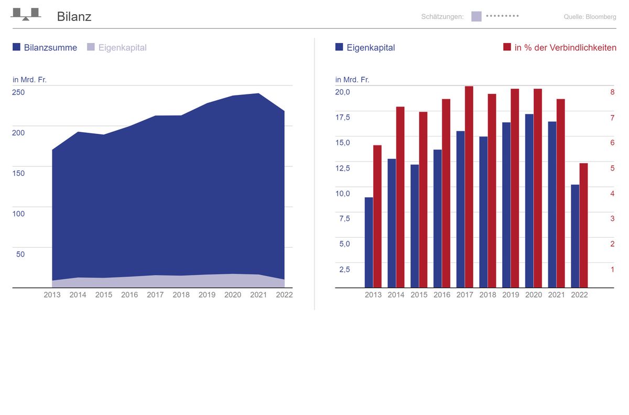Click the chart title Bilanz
click(74, 17)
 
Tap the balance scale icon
click(26, 14)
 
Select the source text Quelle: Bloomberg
click(590, 17)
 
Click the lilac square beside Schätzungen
click(476, 16)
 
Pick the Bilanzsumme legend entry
click(45, 48)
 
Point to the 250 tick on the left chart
click(18, 92)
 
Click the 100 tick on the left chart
click(18, 214)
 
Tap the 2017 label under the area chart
click(155, 295)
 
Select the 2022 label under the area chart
click(284, 295)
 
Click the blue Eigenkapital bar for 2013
click(368, 242)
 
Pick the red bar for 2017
click(469, 187)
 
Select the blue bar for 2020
click(529, 200)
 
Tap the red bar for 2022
click(583, 226)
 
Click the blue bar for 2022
click(575, 236)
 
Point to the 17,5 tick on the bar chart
click(343, 118)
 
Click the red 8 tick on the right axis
click(612, 92)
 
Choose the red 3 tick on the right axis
click(612, 219)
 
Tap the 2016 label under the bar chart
click(442, 295)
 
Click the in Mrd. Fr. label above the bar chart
click(352, 80)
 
